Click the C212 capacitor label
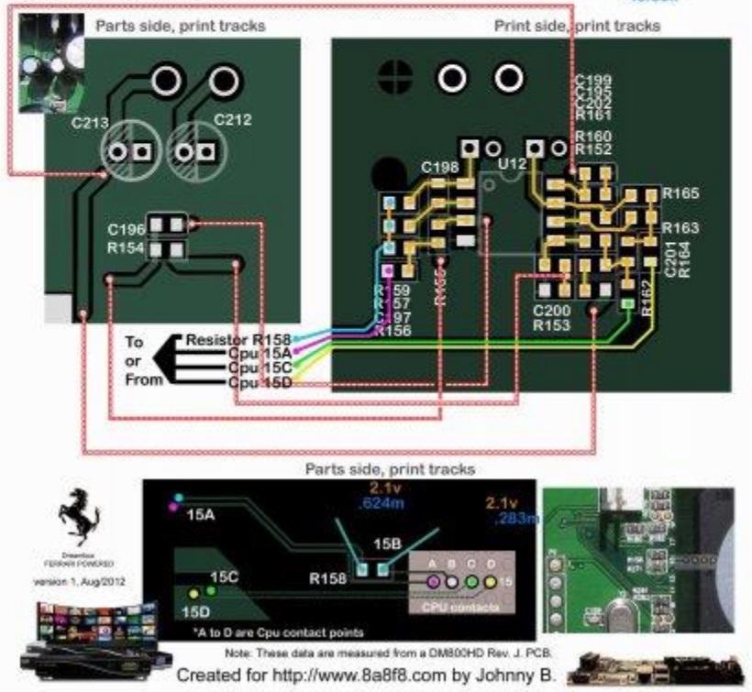point(233,118)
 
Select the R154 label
point(126,247)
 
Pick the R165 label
point(680,193)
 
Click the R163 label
point(680,226)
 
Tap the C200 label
point(552,311)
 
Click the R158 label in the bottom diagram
point(327,580)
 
